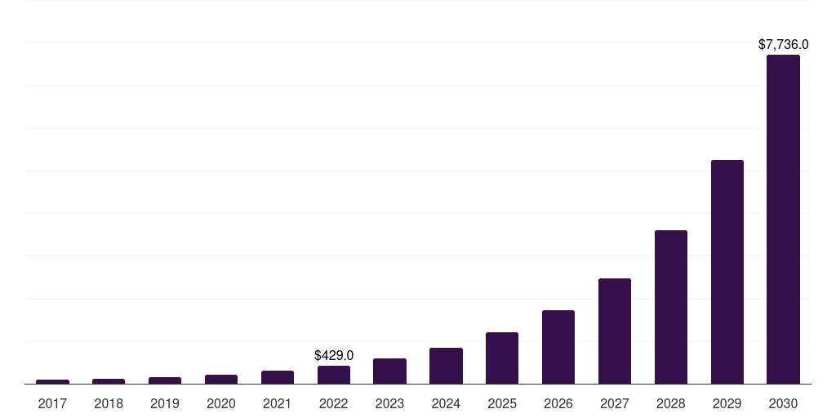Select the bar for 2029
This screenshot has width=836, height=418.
[727, 272]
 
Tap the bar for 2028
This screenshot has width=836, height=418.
[670, 307]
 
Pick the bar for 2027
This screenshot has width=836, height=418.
[614, 331]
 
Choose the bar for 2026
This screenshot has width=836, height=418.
[558, 347]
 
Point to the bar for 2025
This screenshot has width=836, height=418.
[501, 358]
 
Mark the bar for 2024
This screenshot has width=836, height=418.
[446, 366]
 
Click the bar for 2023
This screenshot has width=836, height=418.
[389, 371]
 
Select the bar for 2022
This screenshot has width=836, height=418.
[333, 375]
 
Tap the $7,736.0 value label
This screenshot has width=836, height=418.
[783, 45]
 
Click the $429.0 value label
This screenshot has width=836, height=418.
[333, 356]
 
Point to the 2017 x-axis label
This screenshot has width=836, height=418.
[52, 403]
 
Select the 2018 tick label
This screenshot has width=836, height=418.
[109, 403]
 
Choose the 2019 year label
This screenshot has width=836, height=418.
[165, 403]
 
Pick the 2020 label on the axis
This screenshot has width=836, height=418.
[220, 403]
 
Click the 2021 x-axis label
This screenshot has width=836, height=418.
[277, 403]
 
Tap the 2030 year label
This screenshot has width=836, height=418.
[783, 403]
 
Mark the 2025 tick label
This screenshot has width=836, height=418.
[501, 403]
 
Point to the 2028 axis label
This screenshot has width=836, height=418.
[670, 403]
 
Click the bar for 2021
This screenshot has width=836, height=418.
[277, 377]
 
